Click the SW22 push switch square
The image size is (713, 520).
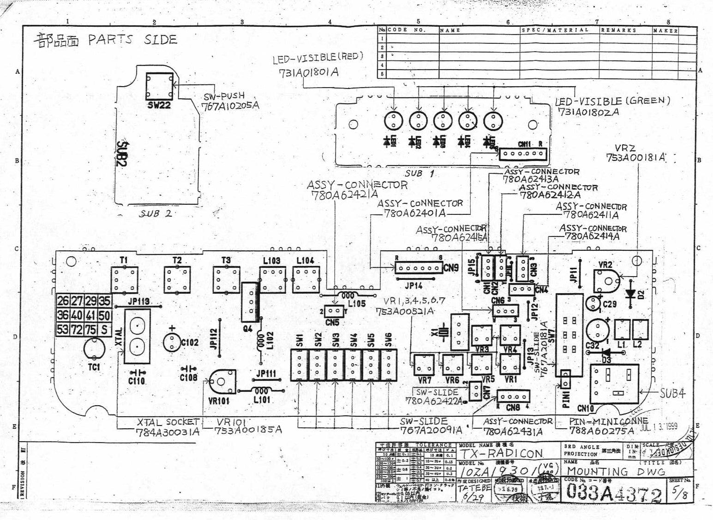click(159, 85)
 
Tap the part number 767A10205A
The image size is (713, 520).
click(230, 106)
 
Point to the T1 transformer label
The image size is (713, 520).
click(124, 260)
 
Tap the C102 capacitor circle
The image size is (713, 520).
click(172, 342)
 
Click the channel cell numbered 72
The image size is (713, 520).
click(76, 330)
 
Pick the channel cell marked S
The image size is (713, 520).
click(105, 330)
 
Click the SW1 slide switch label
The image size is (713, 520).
click(300, 340)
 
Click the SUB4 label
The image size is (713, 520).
click(672, 393)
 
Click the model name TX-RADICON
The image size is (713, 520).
click(501, 453)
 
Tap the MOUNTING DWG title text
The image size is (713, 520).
click(616, 471)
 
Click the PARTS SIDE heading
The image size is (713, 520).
click(132, 40)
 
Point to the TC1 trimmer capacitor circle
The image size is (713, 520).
click(94, 349)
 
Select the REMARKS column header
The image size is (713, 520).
click(618, 30)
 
